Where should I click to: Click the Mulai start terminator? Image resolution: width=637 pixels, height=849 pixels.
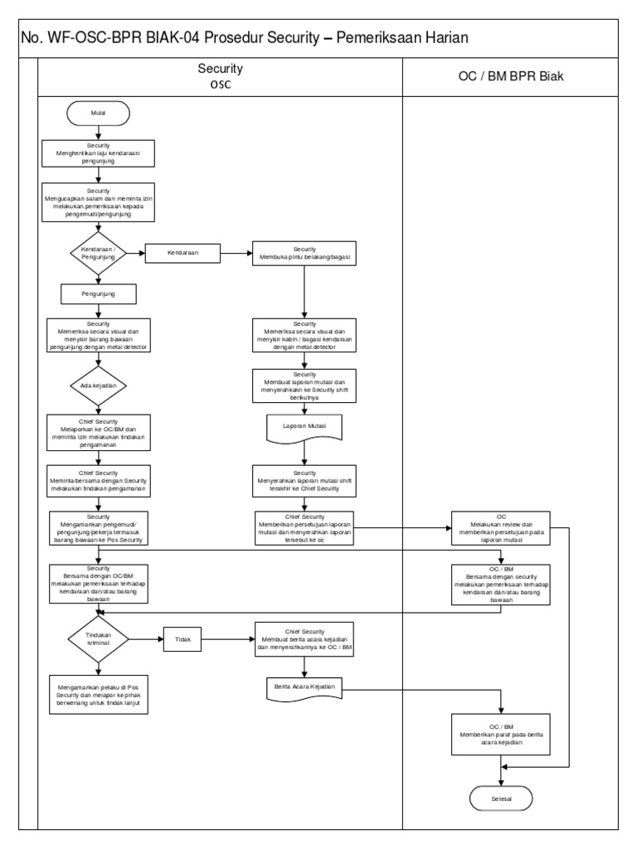click(x=99, y=111)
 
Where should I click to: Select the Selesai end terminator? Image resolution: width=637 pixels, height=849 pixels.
click(x=501, y=798)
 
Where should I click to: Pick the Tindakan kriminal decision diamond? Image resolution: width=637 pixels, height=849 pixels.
click(x=99, y=639)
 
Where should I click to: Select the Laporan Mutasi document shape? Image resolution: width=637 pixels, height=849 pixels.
click(x=304, y=427)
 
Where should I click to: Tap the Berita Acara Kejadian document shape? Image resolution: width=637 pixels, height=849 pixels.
click(x=304, y=688)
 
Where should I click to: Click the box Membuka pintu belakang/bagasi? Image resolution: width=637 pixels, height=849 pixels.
click(x=304, y=254)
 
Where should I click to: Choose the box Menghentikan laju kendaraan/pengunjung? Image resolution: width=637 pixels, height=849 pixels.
click(x=99, y=153)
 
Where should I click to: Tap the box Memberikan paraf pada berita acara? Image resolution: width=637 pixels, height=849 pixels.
click(x=501, y=734)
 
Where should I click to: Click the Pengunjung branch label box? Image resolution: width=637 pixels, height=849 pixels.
click(x=99, y=294)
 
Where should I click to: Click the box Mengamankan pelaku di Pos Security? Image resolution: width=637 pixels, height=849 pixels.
click(x=99, y=692)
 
